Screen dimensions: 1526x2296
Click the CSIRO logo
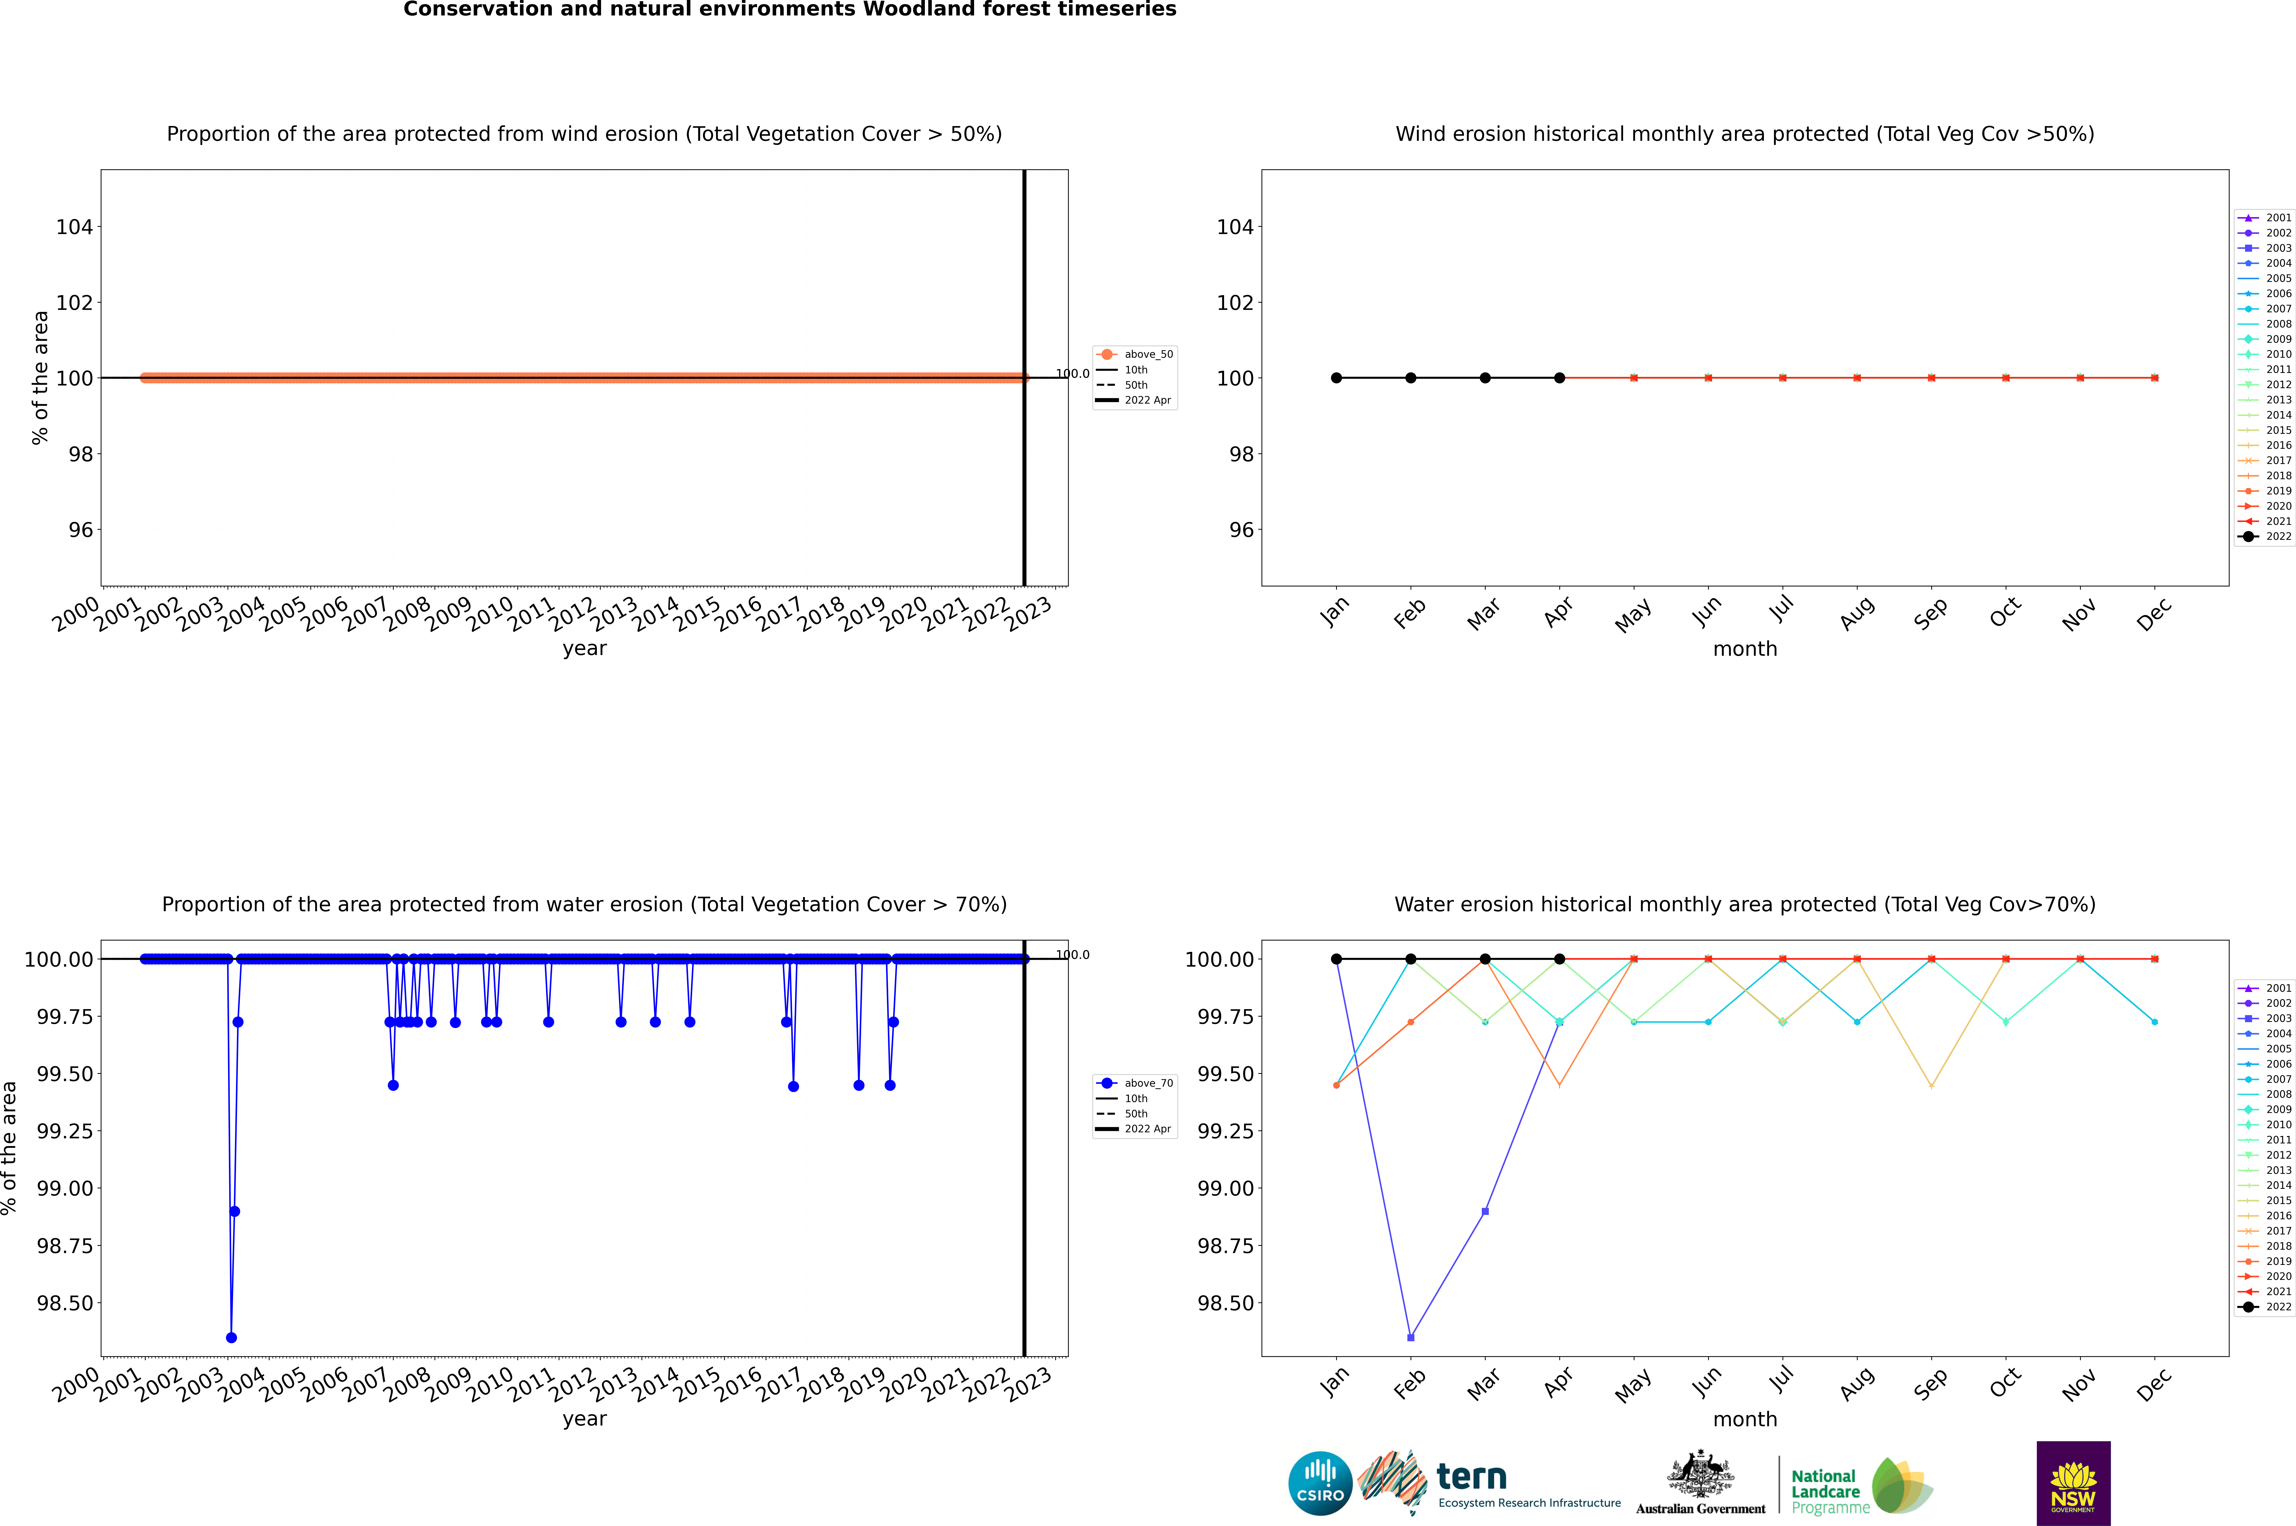pyautogui.click(x=1320, y=1483)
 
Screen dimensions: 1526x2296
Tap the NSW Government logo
pyautogui.click(x=2073, y=1483)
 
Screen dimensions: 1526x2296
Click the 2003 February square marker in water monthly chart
pyautogui.click(x=1410, y=1337)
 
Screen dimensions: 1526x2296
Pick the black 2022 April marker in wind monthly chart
pyautogui.click(x=1559, y=378)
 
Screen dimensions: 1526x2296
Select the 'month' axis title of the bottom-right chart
pyautogui.click(x=1744, y=1419)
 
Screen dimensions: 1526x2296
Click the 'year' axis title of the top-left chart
pyautogui.click(x=584, y=648)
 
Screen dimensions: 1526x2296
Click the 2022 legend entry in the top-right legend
pyautogui.click(x=2268, y=536)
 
